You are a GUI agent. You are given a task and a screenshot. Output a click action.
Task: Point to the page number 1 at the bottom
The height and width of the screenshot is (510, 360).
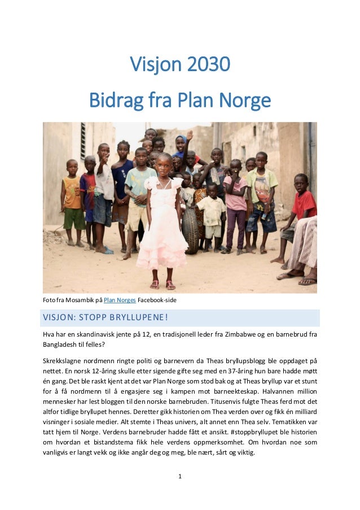coord(179,477)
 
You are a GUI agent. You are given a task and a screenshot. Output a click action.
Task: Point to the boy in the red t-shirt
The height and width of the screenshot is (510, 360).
coord(302,206)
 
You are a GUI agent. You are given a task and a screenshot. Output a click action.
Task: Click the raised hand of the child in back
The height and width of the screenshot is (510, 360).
coord(190,136)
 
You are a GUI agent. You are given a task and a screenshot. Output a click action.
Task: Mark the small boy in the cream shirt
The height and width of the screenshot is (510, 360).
coord(212,215)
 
